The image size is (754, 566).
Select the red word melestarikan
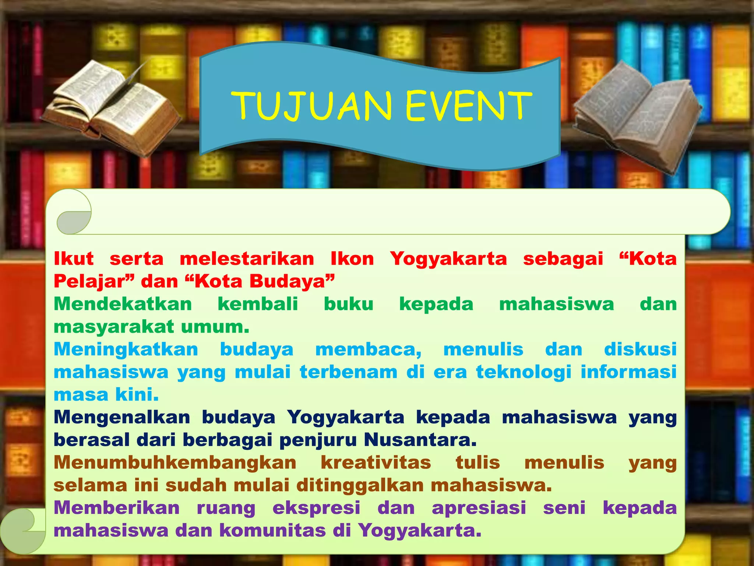pos(247,259)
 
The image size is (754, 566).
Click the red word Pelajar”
pos(94,282)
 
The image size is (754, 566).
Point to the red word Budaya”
pos(292,282)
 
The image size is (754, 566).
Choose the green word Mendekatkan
pos(123,304)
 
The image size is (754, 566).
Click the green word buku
pos(348,304)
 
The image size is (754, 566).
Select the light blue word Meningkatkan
pos(126,349)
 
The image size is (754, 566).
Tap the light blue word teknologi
pos(524,372)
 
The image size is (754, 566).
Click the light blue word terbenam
pos(348,372)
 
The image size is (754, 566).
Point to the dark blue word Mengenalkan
pos(122,417)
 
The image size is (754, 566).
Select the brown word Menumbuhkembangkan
pos(175,463)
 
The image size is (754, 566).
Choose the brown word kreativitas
pos(376,463)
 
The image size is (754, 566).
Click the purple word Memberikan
pos(117,508)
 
